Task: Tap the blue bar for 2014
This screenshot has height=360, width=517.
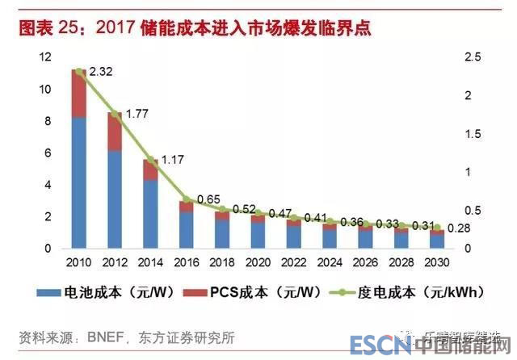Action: click(150, 213)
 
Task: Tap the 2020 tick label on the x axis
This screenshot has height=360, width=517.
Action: click(257, 262)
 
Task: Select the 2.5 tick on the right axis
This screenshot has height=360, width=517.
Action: click(472, 57)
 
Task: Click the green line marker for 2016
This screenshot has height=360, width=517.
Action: click(186, 199)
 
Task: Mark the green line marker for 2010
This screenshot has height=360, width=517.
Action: click(78, 71)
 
